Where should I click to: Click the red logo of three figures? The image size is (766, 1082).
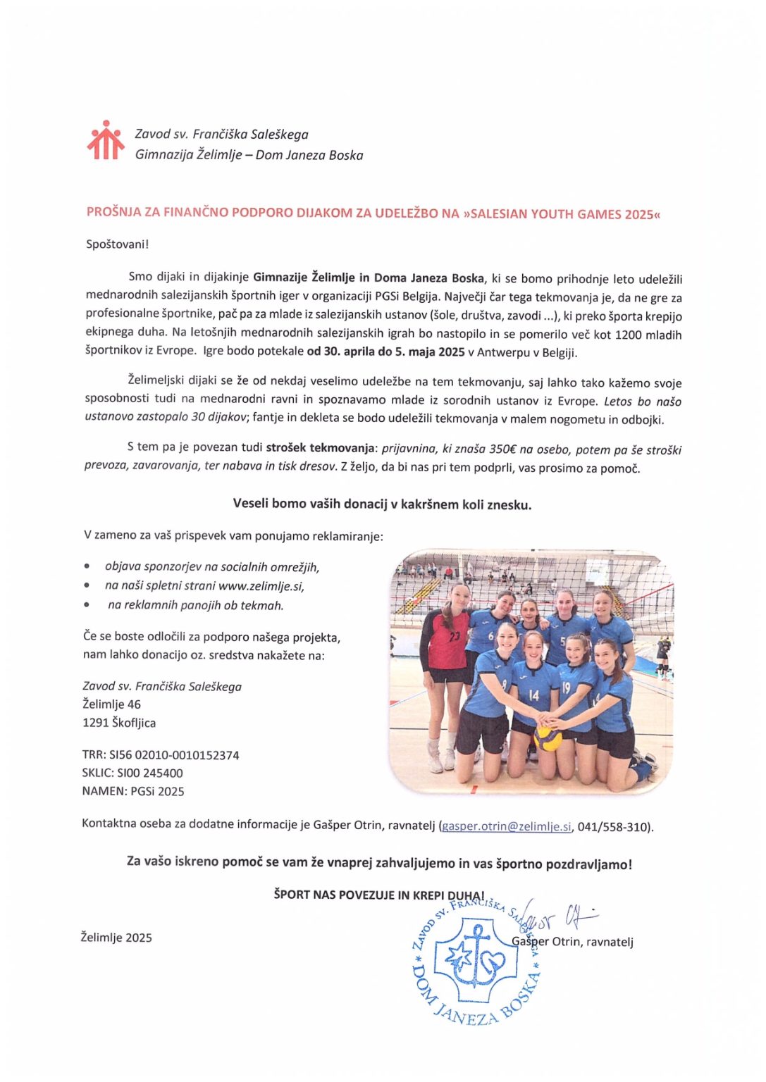coord(105,140)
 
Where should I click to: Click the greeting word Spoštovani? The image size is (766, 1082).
coord(118,244)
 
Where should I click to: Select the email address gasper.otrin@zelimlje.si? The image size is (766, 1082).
coord(507,826)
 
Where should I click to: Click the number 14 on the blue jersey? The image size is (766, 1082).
coord(533,695)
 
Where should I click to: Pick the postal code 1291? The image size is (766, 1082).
coord(95,723)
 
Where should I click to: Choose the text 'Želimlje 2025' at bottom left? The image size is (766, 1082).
coord(116,938)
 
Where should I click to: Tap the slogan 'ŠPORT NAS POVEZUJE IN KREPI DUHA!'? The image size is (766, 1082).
coord(379,895)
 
